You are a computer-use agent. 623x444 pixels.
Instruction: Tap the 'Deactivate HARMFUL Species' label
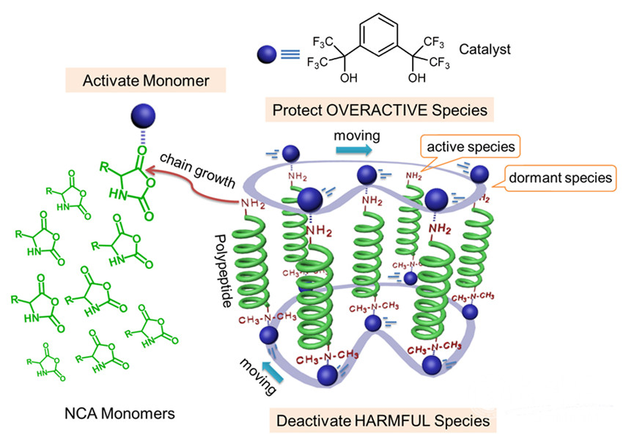coord(382,421)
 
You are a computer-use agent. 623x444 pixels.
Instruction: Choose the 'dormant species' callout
coord(561,177)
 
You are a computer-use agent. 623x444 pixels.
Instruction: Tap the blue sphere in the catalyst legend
coord(267,53)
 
